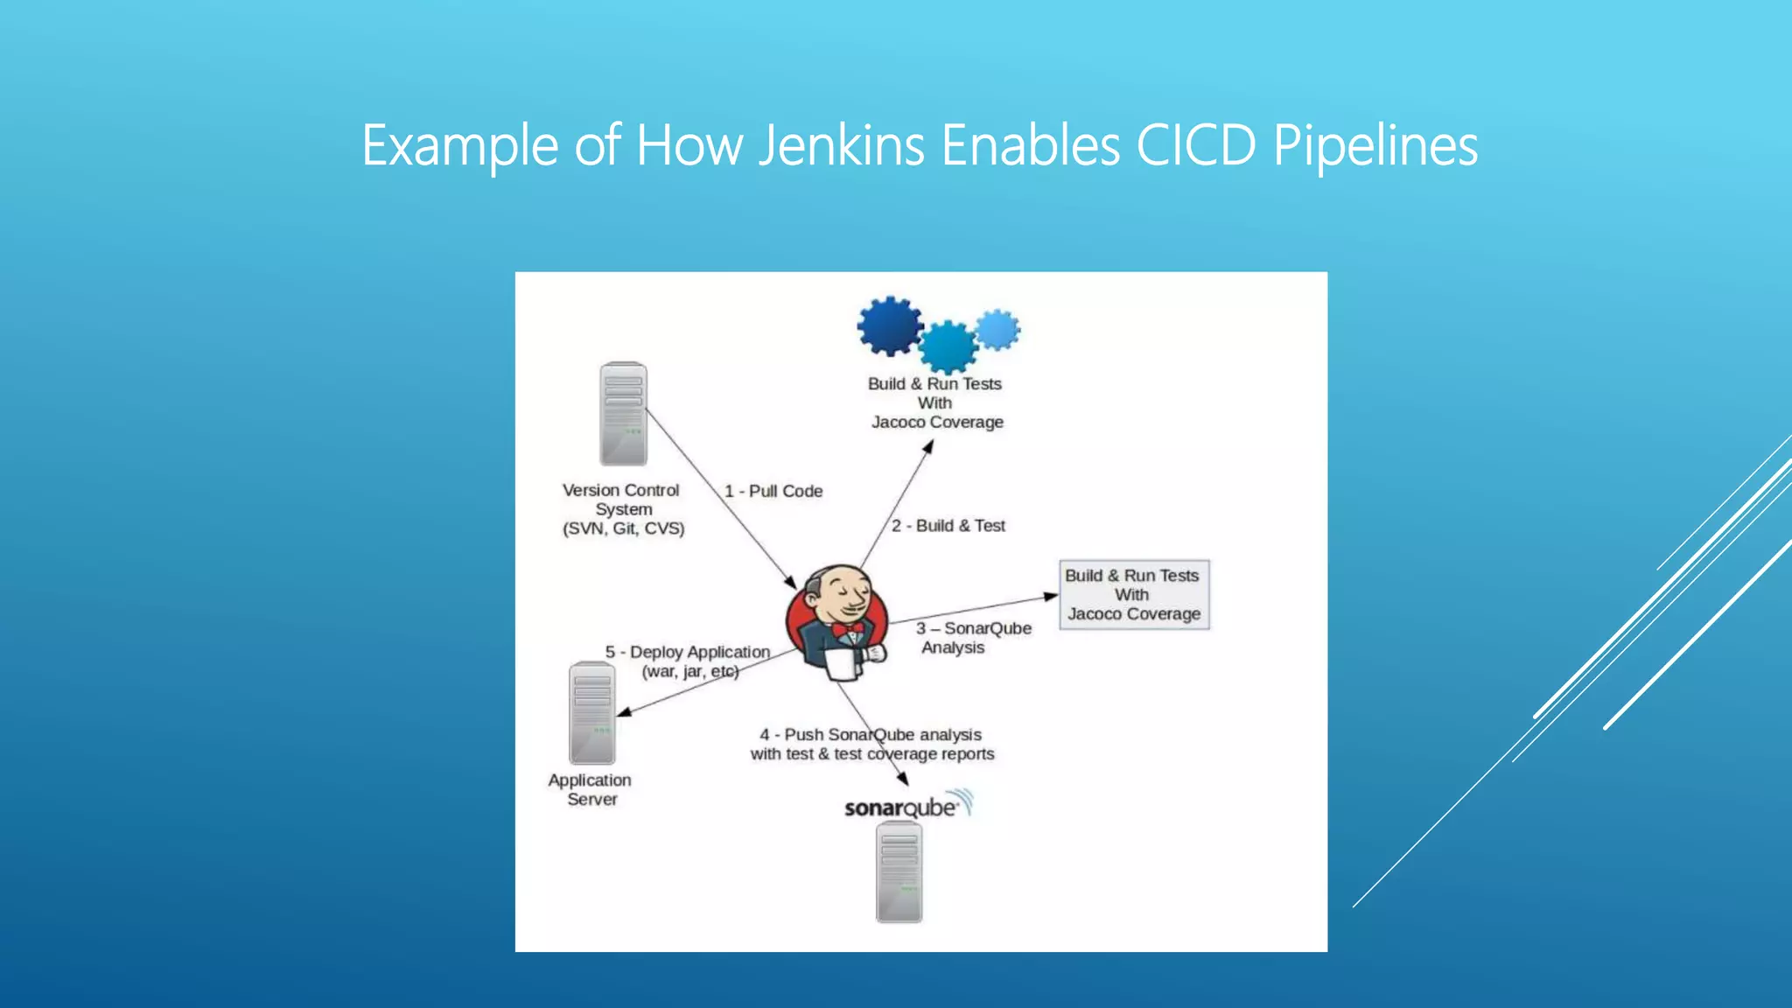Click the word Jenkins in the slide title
(x=841, y=145)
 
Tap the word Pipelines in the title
(x=1375, y=145)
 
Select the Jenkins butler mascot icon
(x=837, y=622)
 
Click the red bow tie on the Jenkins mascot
(x=847, y=629)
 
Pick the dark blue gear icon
(x=890, y=325)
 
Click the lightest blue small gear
(x=997, y=330)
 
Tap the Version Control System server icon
(x=623, y=414)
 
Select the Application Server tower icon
(x=592, y=713)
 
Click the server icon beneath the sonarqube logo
(x=899, y=871)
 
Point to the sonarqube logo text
(x=901, y=808)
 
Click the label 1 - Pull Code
(x=773, y=491)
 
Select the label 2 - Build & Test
(x=948, y=526)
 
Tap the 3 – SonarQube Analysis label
(x=973, y=638)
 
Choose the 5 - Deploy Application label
(x=688, y=653)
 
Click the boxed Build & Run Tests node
(x=1134, y=595)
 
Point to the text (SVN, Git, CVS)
(x=624, y=528)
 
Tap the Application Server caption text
(x=590, y=789)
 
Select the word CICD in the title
(x=1196, y=145)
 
